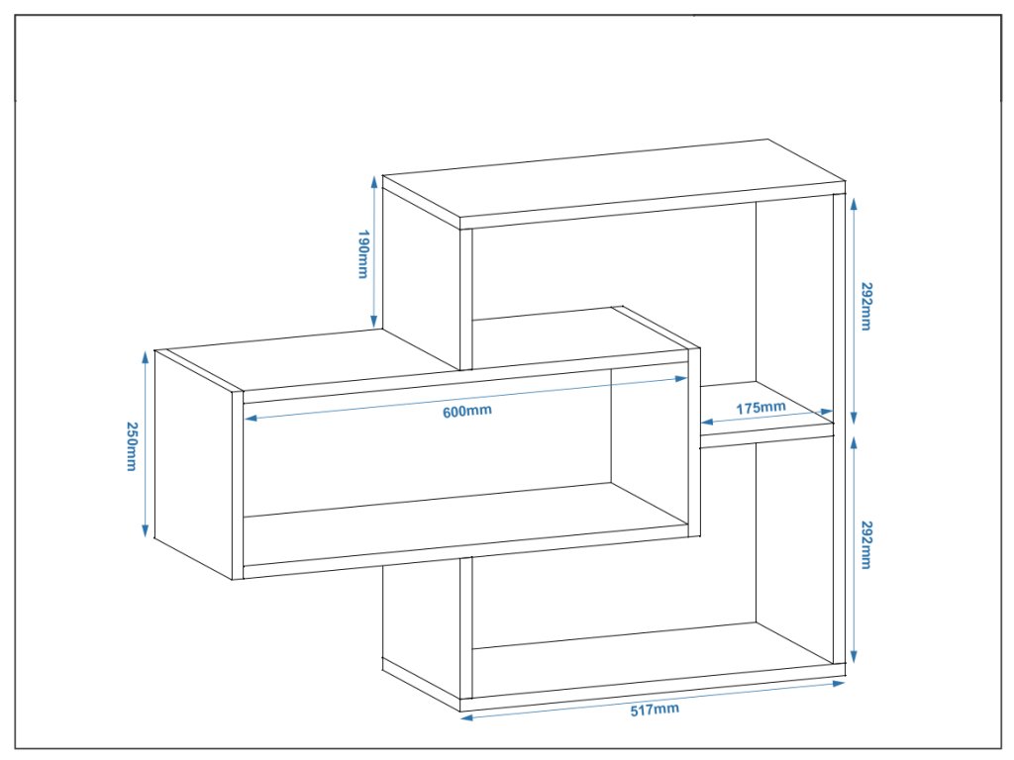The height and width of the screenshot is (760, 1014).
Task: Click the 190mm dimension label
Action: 362,254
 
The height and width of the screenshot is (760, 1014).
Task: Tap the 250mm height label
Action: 131,445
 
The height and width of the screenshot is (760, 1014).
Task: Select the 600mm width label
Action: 466,411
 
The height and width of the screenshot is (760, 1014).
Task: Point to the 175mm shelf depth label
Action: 760,408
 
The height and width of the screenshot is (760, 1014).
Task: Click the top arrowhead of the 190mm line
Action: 374,180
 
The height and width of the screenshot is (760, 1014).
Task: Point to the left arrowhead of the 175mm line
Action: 705,424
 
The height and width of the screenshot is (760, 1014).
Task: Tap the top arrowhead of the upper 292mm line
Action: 853,198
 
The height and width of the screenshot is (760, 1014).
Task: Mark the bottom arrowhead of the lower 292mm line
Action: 853,659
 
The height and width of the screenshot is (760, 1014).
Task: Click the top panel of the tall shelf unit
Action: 614,183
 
